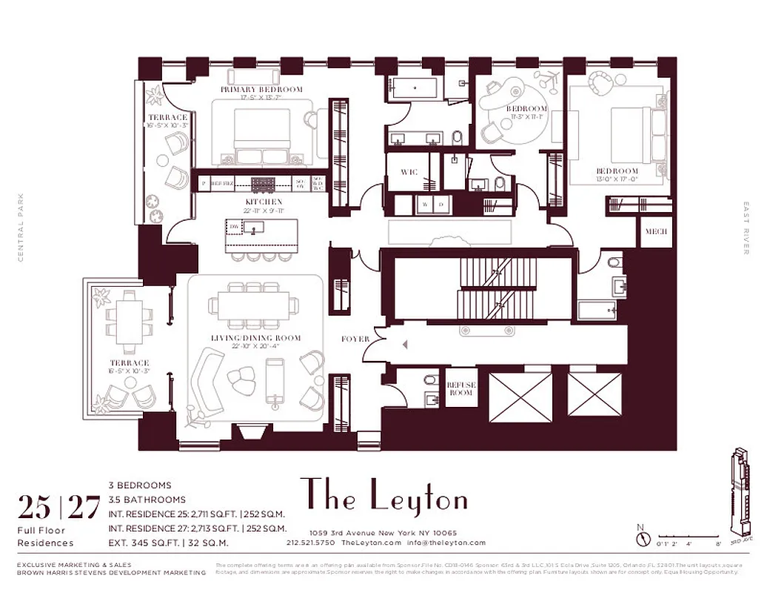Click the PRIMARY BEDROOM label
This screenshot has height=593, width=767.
pyautogui.click(x=261, y=90)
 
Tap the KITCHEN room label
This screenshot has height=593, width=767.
pyautogui.click(x=264, y=202)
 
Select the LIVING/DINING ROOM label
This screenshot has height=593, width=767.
pyautogui.click(x=256, y=338)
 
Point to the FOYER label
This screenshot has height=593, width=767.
pyautogui.click(x=355, y=339)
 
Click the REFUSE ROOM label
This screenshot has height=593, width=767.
pyautogui.click(x=460, y=388)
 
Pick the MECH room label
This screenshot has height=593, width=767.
pyautogui.click(x=656, y=232)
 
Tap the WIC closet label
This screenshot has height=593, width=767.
pyautogui.click(x=409, y=172)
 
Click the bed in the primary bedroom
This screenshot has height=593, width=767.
pyautogui.click(x=262, y=137)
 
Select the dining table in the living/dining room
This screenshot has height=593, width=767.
pyautogui.click(x=255, y=305)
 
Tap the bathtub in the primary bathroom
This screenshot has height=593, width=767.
pyautogui.click(x=413, y=89)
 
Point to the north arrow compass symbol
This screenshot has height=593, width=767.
pyautogui.click(x=642, y=536)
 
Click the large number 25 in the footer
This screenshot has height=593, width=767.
pyautogui.click(x=35, y=508)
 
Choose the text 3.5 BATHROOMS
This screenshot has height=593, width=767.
pyautogui.click(x=147, y=500)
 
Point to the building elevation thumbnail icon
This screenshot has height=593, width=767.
pyautogui.click(x=743, y=493)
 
